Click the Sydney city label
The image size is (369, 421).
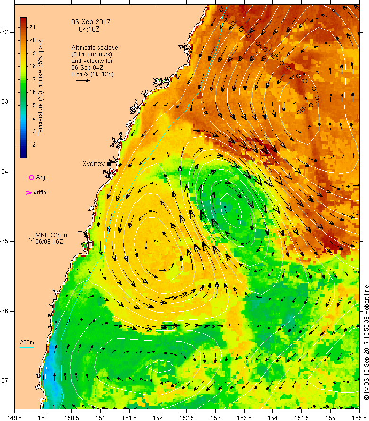pyautogui.click(x=93, y=164)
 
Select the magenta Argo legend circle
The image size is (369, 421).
pyautogui.click(x=31, y=177)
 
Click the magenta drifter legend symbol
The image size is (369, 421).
pyautogui.click(x=29, y=193)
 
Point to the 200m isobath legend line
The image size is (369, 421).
pyautogui.click(x=26, y=348)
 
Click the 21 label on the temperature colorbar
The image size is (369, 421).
pyautogui.click(x=33, y=27)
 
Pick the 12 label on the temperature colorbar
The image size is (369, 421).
pyautogui.click(x=33, y=144)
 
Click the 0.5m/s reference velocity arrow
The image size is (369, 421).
pyautogui.click(x=83, y=80)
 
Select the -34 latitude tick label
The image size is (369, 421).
pyautogui.click(x=6, y=171)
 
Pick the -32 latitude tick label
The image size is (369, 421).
pyautogui.click(x=6, y=32)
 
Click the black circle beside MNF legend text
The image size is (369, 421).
pyautogui.click(x=31, y=238)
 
